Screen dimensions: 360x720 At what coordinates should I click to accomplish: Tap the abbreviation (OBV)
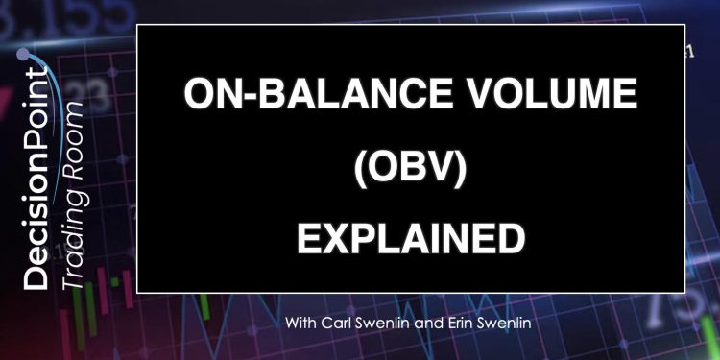[410, 164]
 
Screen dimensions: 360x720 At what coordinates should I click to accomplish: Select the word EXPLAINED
[411, 234]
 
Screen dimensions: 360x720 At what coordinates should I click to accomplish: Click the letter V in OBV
[444, 164]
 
